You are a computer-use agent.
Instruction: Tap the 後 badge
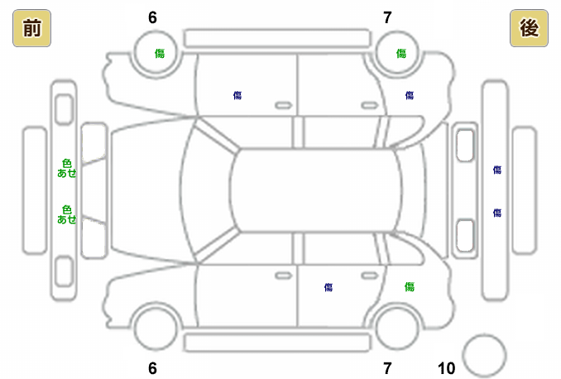pos(529,29)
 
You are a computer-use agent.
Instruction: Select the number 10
pos(446,368)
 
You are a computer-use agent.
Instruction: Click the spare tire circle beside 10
pos(483,355)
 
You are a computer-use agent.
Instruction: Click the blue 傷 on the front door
pos(237,96)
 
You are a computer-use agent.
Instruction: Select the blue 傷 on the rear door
pos(328,287)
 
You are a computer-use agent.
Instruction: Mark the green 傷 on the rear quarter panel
pos(409,286)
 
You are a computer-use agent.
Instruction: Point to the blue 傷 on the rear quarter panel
pos(409,96)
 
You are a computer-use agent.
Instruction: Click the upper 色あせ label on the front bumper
pos(67,168)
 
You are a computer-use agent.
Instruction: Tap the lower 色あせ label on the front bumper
pos(67,214)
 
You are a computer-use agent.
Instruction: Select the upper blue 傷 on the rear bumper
pos(497,170)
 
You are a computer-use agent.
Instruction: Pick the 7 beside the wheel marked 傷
pos(387,17)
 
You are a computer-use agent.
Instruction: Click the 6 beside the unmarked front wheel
pos(152,368)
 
